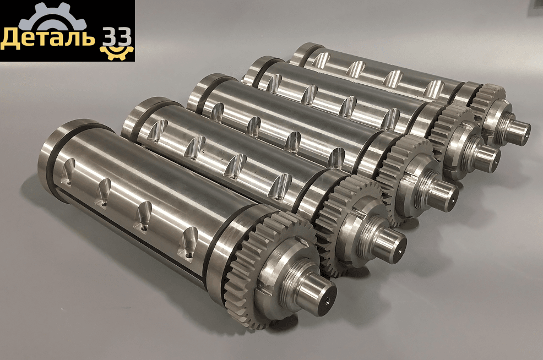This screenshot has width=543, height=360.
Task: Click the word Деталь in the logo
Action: tap(47, 38)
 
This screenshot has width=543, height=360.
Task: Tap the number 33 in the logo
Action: tap(116, 37)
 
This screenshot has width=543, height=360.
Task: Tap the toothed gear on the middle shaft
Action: tap(404, 173)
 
